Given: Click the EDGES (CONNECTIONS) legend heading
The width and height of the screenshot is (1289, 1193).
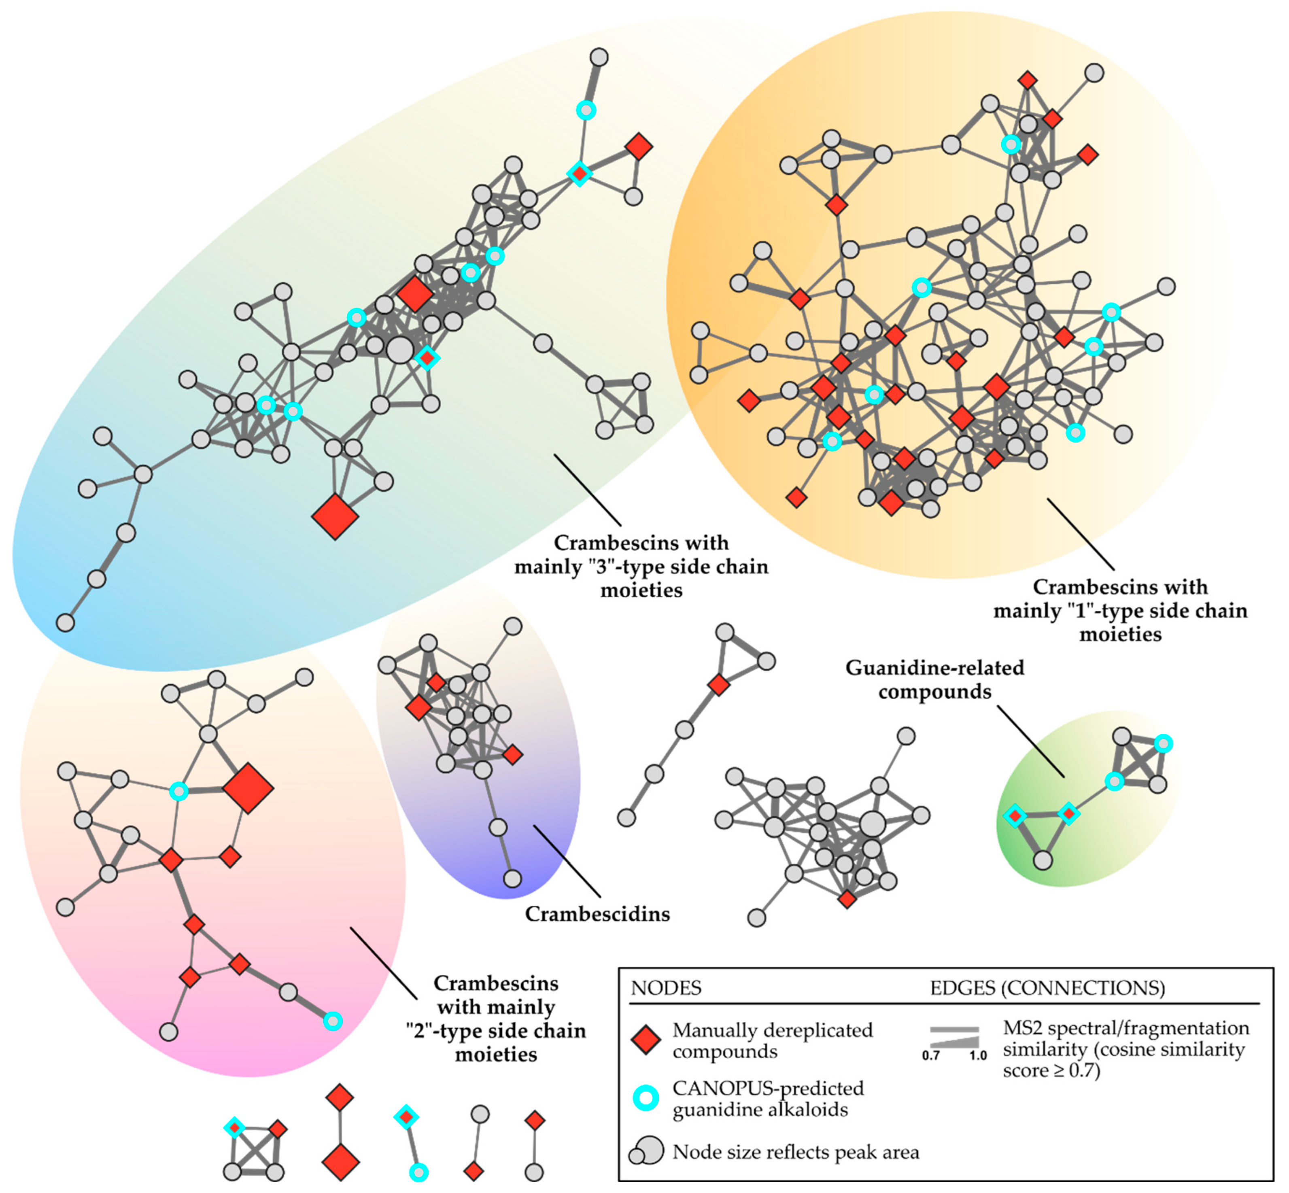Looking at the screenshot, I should (1047, 988).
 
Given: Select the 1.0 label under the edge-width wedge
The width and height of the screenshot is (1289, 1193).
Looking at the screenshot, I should (978, 1055).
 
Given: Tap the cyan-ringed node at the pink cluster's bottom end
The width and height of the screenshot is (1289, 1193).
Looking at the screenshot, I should (332, 1021).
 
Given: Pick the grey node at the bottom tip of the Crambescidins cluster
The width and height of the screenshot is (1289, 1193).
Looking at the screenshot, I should (512, 878).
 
